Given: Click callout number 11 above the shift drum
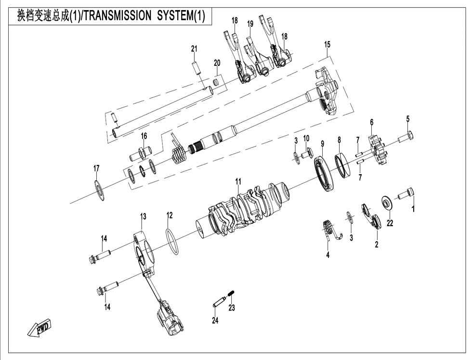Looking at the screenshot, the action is [x=238, y=181].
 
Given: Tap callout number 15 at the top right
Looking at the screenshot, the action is [x=327, y=44].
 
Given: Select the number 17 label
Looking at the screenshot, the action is [x=96, y=168].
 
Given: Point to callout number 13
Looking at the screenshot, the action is [x=143, y=216].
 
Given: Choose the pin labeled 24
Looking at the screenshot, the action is [x=220, y=302].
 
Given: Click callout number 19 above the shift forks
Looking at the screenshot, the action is [x=250, y=24].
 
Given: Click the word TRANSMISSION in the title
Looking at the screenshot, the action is [x=117, y=15].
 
